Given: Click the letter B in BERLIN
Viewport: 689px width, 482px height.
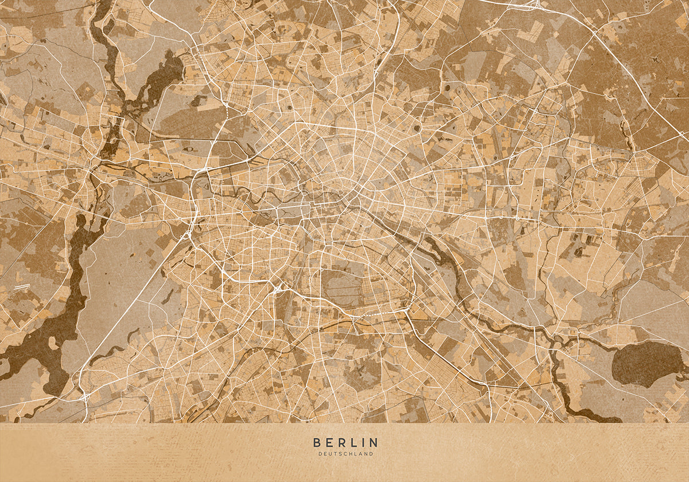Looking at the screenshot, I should [317, 442].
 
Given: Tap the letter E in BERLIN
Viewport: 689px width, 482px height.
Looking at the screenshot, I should [330, 442].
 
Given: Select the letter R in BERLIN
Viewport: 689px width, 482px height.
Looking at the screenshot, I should [342, 442].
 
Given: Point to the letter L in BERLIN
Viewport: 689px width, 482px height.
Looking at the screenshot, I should [354, 442].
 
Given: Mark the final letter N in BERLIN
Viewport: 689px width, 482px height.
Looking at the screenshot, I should [373, 442].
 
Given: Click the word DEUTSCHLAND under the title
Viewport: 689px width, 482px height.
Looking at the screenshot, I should [346, 454].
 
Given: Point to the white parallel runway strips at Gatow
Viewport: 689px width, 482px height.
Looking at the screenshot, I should [21, 285].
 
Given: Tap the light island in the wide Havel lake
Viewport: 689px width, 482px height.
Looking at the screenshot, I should [53, 343].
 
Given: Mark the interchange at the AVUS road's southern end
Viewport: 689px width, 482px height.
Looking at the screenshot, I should [84, 396].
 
